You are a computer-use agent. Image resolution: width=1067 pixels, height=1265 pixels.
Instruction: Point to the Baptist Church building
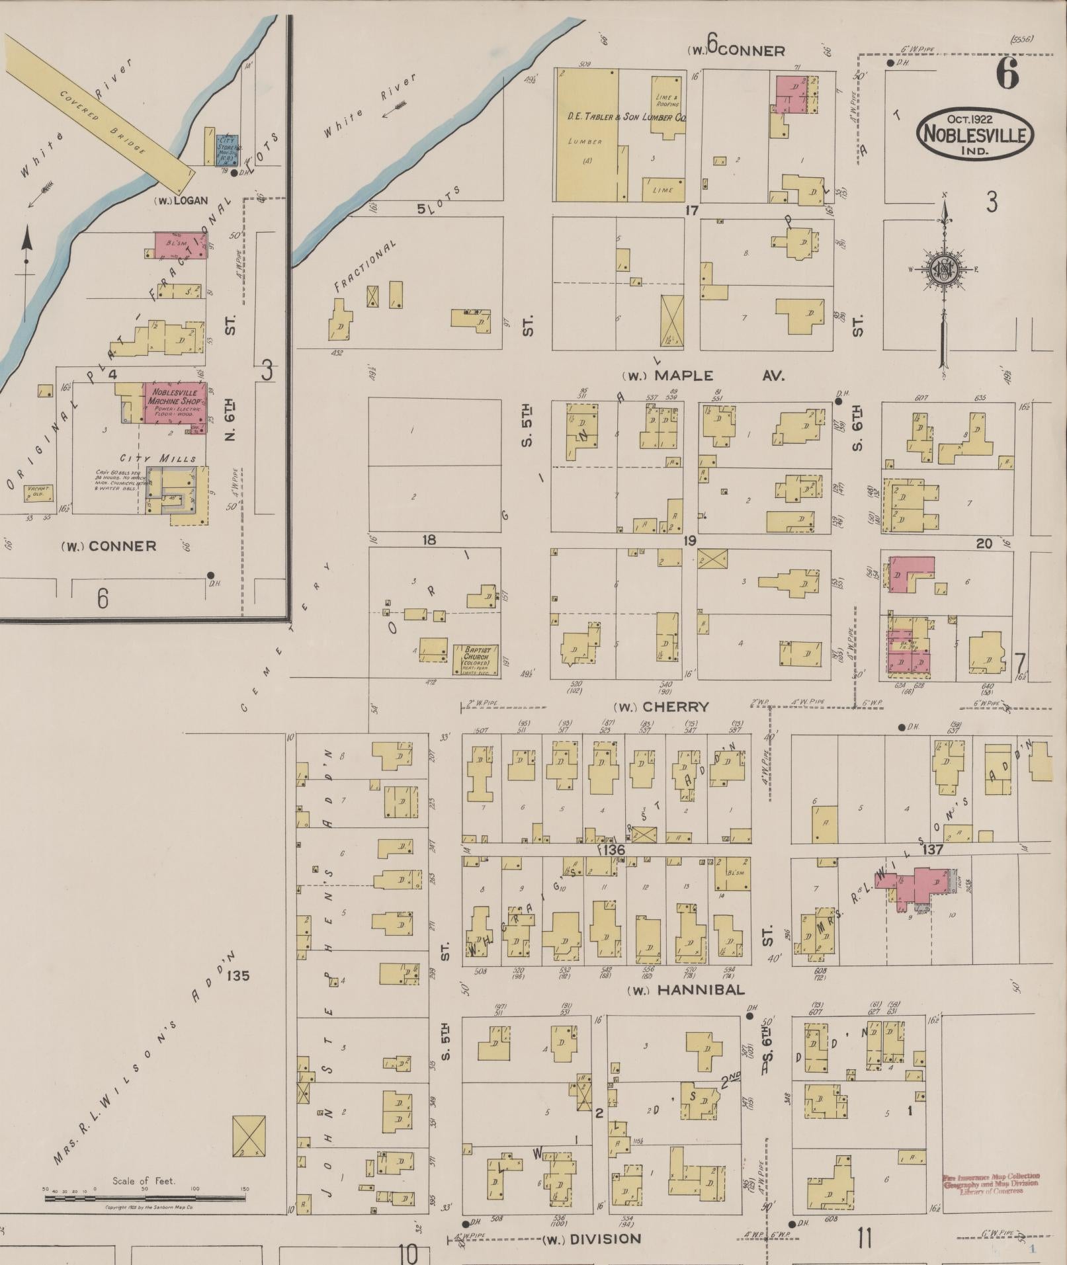(x=476, y=659)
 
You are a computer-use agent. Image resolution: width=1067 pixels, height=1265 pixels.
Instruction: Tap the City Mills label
(x=158, y=458)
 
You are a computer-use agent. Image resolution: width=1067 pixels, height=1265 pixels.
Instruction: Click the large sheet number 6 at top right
(x=1007, y=73)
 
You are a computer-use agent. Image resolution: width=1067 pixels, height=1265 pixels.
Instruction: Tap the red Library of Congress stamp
(x=990, y=1184)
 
